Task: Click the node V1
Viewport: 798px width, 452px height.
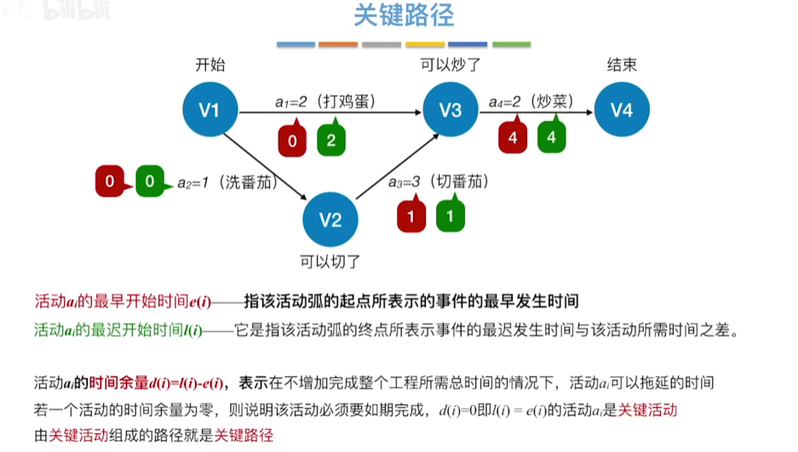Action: pyautogui.click(x=210, y=109)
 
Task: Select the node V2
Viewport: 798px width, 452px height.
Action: pyautogui.click(x=330, y=220)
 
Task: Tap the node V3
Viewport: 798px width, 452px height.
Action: pyautogui.click(x=451, y=109)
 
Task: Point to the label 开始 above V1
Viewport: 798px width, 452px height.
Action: pyautogui.click(x=210, y=65)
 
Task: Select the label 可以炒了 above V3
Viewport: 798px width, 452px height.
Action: pyautogui.click(x=451, y=65)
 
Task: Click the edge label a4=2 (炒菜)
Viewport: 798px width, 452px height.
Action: pyautogui.click(x=529, y=101)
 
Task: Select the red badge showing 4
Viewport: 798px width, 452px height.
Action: pyautogui.click(x=513, y=137)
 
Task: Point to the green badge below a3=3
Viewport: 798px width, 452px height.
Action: pyautogui.click(x=451, y=215)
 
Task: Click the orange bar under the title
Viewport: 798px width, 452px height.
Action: pyautogui.click(x=337, y=44)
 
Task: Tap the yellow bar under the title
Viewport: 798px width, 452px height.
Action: pyautogui.click(x=424, y=44)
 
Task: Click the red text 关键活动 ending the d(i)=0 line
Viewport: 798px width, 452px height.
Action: pyautogui.click(x=647, y=409)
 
